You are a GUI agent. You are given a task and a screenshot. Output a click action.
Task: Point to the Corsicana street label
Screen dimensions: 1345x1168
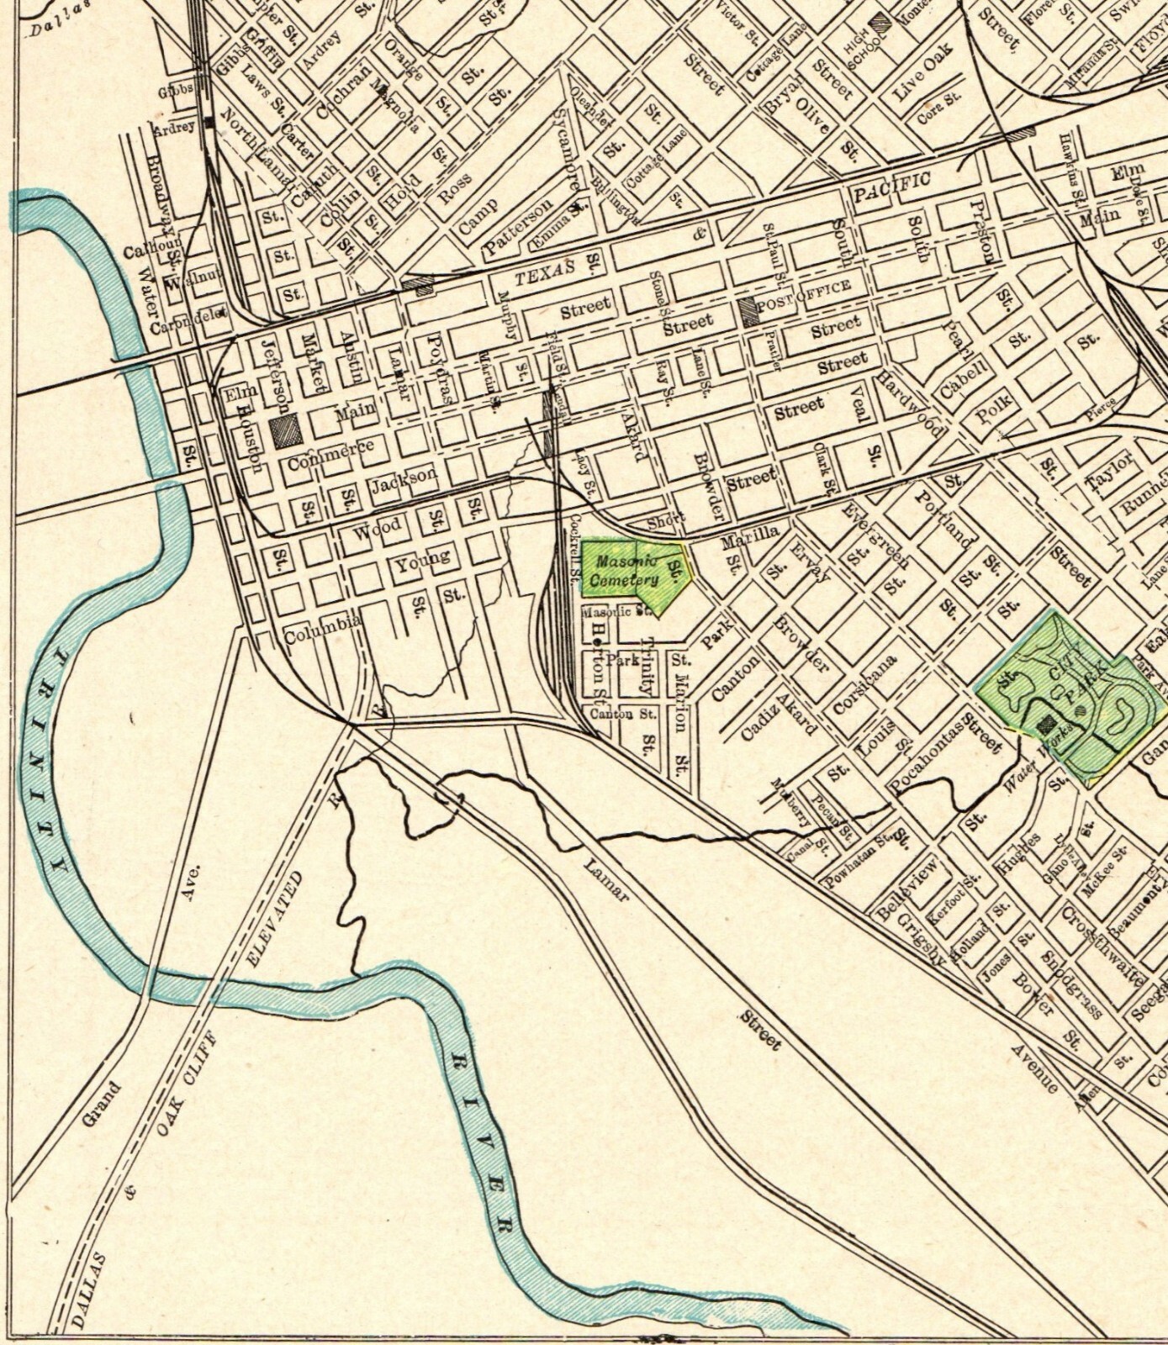[x=864, y=683]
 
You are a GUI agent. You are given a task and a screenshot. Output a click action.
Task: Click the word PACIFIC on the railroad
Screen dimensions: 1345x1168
[x=892, y=187]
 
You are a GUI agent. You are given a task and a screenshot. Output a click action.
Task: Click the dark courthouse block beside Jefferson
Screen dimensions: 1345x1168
[x=286, y=430]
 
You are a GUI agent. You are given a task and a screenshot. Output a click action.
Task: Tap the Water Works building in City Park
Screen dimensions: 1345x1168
[x=1048, y=723]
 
